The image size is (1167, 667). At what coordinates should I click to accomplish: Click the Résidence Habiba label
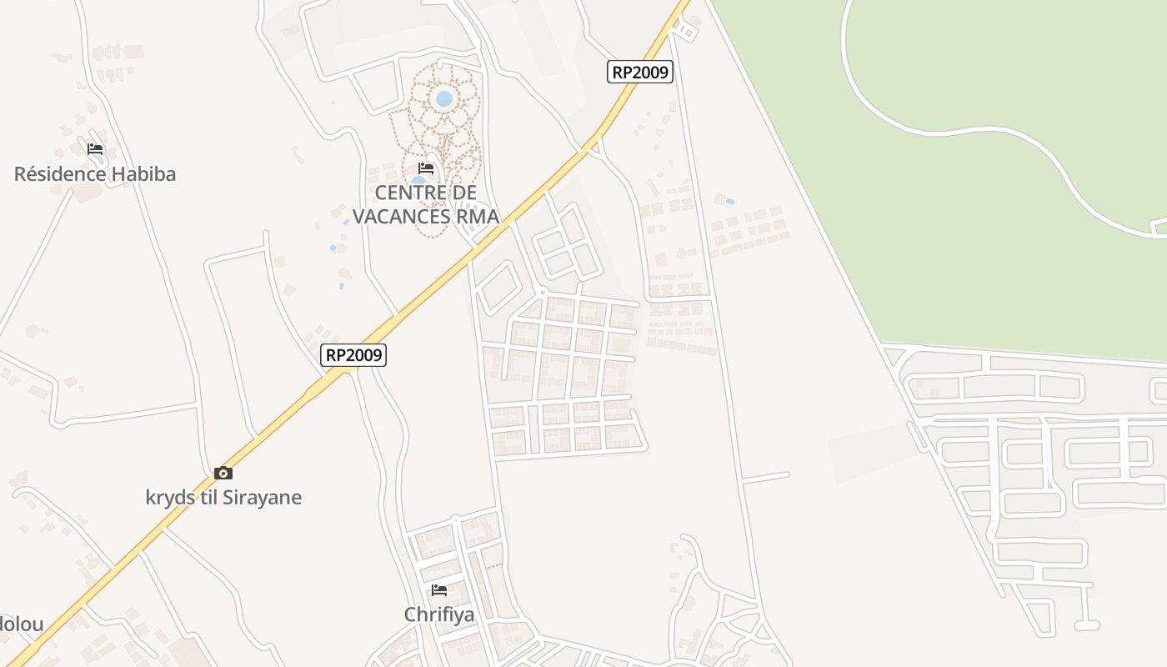pyautogui.click(x=95, y=174)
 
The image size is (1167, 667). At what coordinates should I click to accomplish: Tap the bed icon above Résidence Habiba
pyautogui.click(x=95, y=149)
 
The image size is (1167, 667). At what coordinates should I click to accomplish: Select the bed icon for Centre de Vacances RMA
pyautogui.click(x=426, y=168)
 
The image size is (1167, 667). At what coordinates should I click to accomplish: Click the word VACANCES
pyautogui.click(x=401, y=217)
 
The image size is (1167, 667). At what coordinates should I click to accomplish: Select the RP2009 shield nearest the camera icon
pyautogui.click(x=353, y=355)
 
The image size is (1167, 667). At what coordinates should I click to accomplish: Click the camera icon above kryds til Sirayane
pyautogui.click(x=223, y=473)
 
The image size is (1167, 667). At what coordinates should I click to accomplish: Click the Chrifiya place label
pyautogui.click(x=439, y=614)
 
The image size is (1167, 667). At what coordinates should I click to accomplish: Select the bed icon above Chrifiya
pyautogui.click(x=439, y=590)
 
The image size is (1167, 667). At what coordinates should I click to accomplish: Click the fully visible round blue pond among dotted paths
pyautogui.click(x=444, y=98)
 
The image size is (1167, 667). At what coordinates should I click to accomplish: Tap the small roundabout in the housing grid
pyautogui.click(x=543, y=292)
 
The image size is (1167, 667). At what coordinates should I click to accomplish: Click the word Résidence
pyautogui.click(x=61, y=174)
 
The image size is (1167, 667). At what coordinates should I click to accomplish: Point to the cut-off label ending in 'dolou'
pyautogui.click(x=21, y=624)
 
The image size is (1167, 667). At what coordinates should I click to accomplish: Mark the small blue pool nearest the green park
pyautogui.click(x=731, y=201)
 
